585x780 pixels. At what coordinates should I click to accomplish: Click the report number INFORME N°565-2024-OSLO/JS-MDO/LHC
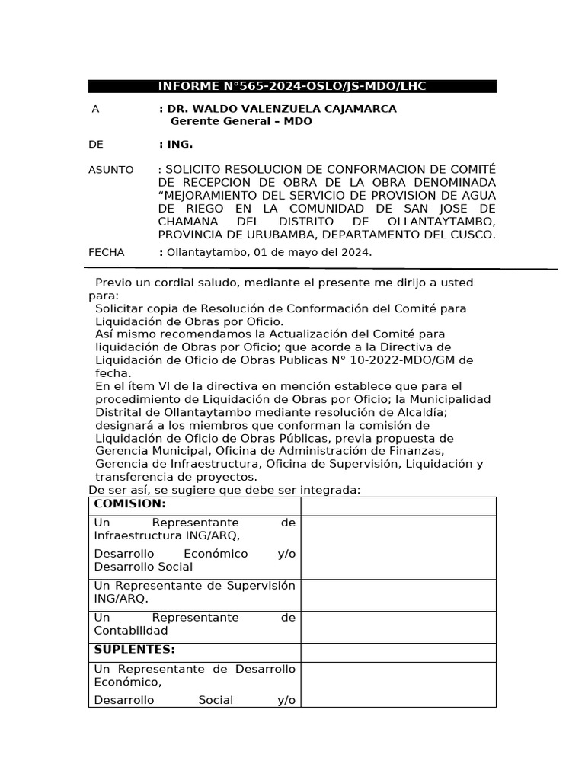tap(292, 86)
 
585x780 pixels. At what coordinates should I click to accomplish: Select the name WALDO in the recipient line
tap(214, 109)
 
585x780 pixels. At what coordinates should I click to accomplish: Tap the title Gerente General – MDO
tap(241, 121)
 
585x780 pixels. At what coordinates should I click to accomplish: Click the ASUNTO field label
tap(111, 170)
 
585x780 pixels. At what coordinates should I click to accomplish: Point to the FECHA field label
tap(107, 252)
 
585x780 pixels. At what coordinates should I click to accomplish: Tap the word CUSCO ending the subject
tap(471, 235)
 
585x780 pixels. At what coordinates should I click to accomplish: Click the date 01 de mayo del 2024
tap(310, 252)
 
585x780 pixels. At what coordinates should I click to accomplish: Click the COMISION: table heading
tap(130, 504)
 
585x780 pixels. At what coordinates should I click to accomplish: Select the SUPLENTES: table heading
tap(134, 650)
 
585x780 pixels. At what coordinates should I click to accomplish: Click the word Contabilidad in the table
tap(130, 631)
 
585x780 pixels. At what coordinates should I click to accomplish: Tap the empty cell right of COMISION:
tap(398, 506)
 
